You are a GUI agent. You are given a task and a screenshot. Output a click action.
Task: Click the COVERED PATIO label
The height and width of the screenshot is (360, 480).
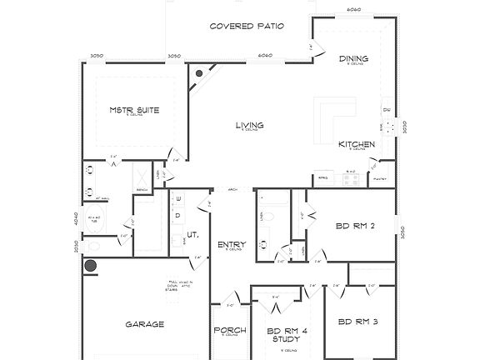[247, 27]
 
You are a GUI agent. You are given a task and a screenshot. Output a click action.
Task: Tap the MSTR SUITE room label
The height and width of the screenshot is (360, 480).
[134, 110]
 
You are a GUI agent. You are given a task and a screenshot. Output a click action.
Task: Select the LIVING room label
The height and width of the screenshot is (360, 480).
[249, 125]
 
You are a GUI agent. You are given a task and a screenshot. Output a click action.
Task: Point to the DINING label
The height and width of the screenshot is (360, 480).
[353, 58]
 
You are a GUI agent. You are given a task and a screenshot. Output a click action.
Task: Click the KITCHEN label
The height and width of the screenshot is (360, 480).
[356, 144]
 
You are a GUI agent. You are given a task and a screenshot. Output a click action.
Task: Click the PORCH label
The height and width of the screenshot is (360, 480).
[229, 331]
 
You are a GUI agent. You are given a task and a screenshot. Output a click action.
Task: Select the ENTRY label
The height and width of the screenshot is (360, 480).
[230, 244]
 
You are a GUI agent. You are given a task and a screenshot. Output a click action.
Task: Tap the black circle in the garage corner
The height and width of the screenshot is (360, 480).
[90, 267]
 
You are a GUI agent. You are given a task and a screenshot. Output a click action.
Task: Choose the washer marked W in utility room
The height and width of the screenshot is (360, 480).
[177, 199]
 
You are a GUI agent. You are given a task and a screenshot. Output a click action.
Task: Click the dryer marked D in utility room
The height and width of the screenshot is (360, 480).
[177, 214]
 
